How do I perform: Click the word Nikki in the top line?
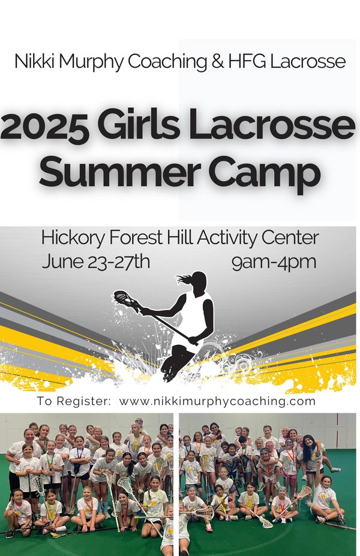35,61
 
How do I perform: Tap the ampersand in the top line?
218,61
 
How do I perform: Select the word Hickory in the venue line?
73,238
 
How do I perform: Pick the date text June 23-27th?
96,262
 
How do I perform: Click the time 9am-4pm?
274,262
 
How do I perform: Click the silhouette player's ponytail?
184,279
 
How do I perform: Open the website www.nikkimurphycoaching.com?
217,401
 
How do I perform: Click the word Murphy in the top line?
91,61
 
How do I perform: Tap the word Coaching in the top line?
167,61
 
